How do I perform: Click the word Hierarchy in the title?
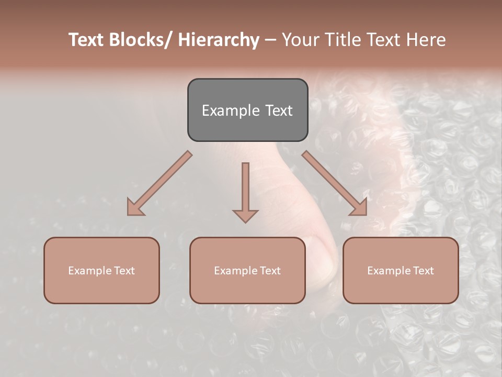pos(219,40)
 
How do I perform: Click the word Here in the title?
pos(427,40)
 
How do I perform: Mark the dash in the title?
pos(270,40)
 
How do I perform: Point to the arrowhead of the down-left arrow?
pos(135,208)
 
